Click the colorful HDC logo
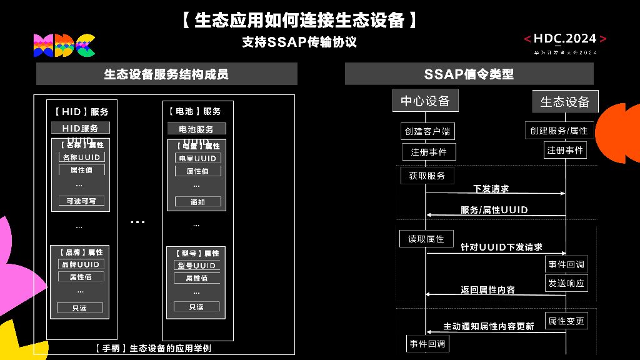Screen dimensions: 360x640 click(x=64, y=45)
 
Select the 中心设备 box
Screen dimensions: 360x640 click(x=425, y=101)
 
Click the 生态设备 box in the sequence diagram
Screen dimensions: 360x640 click(x=565, y=101)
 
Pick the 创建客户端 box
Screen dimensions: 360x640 click(x=427, y=131)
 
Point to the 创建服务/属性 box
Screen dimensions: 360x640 click(x=559, y=131)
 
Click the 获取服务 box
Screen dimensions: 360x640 click(x=427, y=176)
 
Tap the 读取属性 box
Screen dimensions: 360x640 click(x=426, y=239)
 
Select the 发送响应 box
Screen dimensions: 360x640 click(x=566, y=283)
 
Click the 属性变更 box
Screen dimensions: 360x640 click(x=566, y=321)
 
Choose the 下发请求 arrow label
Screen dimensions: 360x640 click(x=491, y=188)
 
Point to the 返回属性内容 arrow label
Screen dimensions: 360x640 click(x=488, y=289)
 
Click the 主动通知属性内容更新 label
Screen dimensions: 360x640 click(x=489, y=326)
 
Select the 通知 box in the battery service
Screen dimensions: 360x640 click(x=197, y=202)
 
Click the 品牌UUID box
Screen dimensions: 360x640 click(x=81, y=264)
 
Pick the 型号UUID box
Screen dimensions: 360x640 click(x=197, y=266)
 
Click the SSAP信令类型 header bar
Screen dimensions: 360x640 click(x=469, y=74)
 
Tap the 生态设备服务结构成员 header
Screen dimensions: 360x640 click(x=166, y=74)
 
